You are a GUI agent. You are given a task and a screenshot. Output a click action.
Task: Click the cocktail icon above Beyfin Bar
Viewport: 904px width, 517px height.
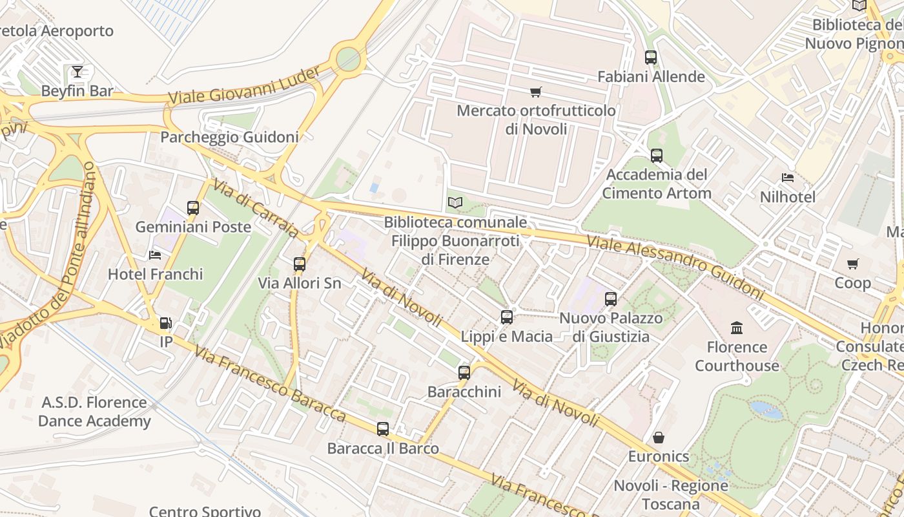[77, 71]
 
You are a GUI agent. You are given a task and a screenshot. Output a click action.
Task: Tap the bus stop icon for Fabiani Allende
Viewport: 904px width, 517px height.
[651, 57]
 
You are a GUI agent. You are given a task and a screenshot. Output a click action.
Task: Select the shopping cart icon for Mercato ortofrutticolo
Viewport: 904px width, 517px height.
[535, 92]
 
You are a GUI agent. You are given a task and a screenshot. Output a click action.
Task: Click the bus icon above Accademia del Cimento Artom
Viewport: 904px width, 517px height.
[657, 155]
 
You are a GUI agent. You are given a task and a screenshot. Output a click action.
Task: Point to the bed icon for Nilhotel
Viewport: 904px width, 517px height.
[787, 178]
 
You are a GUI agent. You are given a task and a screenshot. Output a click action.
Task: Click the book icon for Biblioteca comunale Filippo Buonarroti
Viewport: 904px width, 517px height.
[455, 203]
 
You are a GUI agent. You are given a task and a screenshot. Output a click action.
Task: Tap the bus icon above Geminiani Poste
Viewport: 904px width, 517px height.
[193, 207]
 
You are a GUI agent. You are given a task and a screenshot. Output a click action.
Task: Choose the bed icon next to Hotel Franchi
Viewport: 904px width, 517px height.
[155, 255]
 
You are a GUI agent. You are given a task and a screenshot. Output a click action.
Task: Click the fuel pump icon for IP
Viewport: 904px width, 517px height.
[166, 322]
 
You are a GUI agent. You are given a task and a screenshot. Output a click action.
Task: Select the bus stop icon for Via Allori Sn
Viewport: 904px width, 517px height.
[299, 264]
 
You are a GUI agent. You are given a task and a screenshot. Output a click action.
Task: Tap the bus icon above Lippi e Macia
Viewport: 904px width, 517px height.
[507, 317]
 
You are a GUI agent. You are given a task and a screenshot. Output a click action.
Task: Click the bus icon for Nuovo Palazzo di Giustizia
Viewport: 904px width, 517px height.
[611, 299]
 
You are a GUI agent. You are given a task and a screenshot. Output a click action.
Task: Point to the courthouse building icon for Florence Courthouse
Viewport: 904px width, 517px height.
[737, 328]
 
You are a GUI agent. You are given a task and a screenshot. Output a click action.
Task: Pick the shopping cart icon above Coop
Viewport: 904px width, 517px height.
[853, 264]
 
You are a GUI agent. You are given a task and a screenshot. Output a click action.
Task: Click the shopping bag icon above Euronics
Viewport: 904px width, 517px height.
[659, 438]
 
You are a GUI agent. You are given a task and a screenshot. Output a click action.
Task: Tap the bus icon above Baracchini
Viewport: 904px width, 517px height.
[464, 372]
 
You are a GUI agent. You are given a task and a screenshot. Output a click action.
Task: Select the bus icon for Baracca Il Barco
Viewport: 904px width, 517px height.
[383, 428]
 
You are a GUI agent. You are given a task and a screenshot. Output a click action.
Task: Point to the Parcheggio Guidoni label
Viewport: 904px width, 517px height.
[229, 137]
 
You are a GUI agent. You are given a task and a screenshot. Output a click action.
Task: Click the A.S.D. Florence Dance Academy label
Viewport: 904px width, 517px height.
[94, 412]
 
